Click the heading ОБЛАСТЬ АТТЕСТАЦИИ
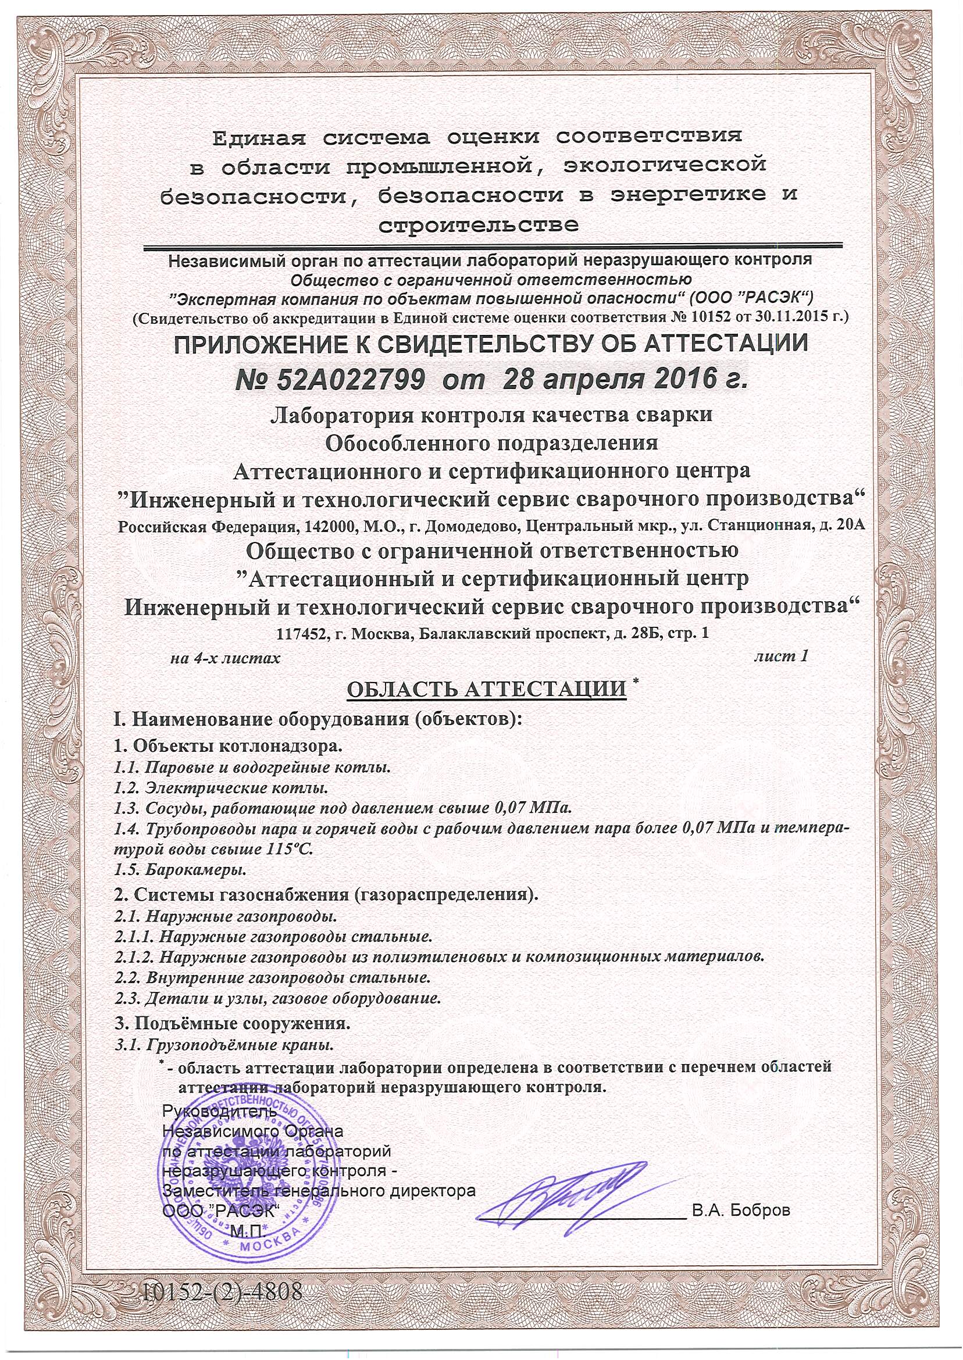[486, 690]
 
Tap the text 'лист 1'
[781, 657]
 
